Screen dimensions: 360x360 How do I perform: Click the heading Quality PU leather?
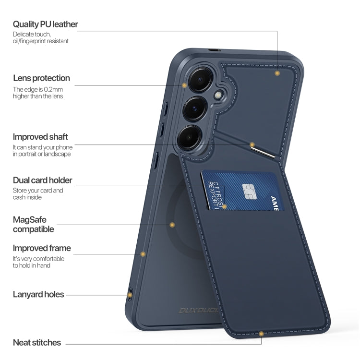[46, 24]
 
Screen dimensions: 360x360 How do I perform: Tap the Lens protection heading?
[41, 78]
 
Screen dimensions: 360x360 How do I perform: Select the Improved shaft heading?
[40, 137]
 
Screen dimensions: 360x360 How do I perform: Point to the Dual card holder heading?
[42, 180]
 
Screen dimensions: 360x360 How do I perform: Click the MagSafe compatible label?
[33, 224]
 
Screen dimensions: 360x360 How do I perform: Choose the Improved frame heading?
[42, 248]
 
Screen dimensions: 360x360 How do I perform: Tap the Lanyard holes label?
[38, 294]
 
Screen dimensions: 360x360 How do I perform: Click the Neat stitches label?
[37, 343]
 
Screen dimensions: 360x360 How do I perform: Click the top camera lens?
[200, 79]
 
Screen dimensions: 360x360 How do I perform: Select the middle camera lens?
[195, 108]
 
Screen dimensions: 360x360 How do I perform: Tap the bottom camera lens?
[189, 137]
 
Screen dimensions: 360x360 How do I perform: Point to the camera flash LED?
[218, 95]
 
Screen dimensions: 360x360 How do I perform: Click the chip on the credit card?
[250, 192]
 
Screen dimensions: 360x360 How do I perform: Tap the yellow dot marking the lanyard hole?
[130, 295]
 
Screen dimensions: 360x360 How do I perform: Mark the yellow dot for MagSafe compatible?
[172, 225]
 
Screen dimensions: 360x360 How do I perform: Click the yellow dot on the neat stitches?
[261, 334]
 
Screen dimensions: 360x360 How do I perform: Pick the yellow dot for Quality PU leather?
[277, 73]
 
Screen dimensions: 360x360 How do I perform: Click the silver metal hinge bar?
[263, 153]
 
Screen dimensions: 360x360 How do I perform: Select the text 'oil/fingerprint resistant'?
[41, 41]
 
